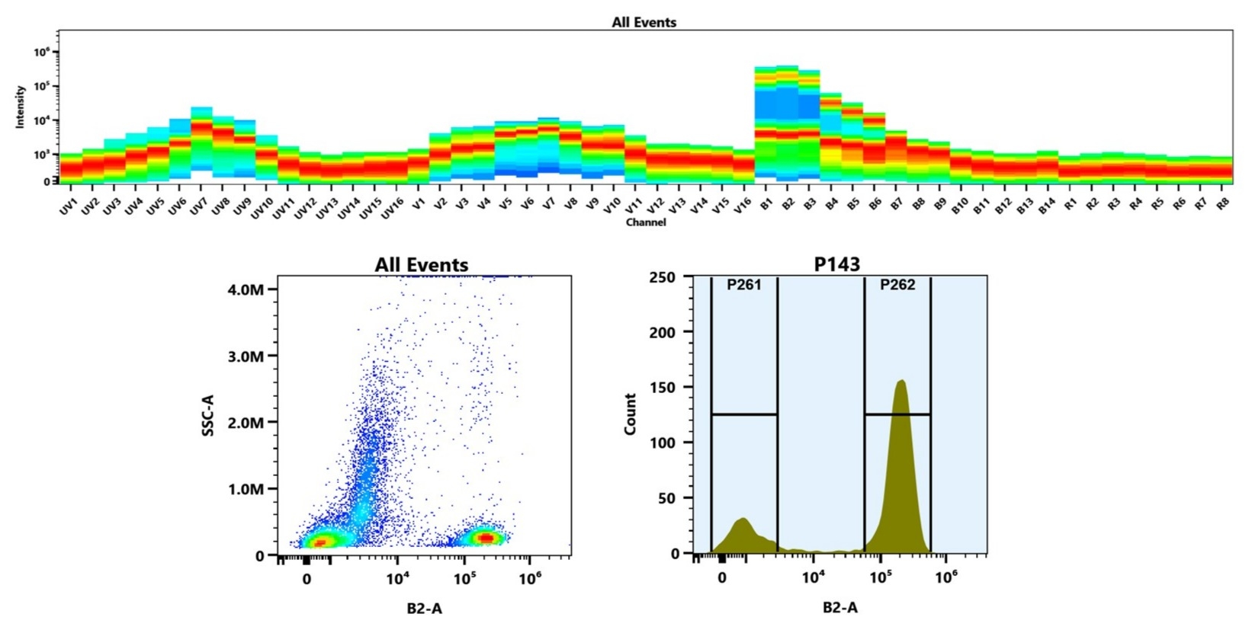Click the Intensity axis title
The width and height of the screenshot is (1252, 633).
click(21, 107)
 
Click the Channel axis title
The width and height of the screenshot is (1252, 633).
click(645, 222)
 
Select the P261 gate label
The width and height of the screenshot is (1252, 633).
click(743, 285)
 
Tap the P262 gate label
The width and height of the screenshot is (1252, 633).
click(897, 285)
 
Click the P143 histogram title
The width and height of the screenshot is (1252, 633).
click(836, 264)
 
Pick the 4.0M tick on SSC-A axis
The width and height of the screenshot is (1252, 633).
click(246, 289)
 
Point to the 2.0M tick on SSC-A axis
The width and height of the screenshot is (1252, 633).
click(246, 423)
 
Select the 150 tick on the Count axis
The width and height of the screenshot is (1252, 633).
click(662, 387)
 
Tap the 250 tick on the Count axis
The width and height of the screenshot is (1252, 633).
click(662, 277)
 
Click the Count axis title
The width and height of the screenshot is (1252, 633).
click(630, 414)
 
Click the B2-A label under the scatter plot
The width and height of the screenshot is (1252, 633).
click(424, 608)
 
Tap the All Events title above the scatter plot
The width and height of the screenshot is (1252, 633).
click(421, 264)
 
